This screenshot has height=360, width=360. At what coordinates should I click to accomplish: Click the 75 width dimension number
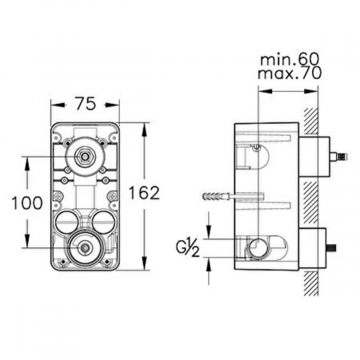click(x=85, y=104)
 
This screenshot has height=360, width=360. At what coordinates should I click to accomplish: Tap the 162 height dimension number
click(x=144, y=193)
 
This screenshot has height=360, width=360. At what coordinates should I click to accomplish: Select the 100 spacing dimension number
click(x=27, y=202)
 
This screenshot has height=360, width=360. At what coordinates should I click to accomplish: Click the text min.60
click(x=290, y=60)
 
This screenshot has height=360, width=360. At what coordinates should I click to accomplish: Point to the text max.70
click(x=290, y=73)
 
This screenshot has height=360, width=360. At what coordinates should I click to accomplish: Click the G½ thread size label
click(x=188, y=249)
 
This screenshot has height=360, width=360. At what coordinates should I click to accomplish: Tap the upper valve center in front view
click(x=85, y=157)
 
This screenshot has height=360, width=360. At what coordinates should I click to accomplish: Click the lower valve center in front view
click(x=85, y=248)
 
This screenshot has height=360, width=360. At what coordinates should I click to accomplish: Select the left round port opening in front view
click(x=66, y=222)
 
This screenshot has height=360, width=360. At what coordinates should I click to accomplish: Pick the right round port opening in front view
click(x=103, y=222)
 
